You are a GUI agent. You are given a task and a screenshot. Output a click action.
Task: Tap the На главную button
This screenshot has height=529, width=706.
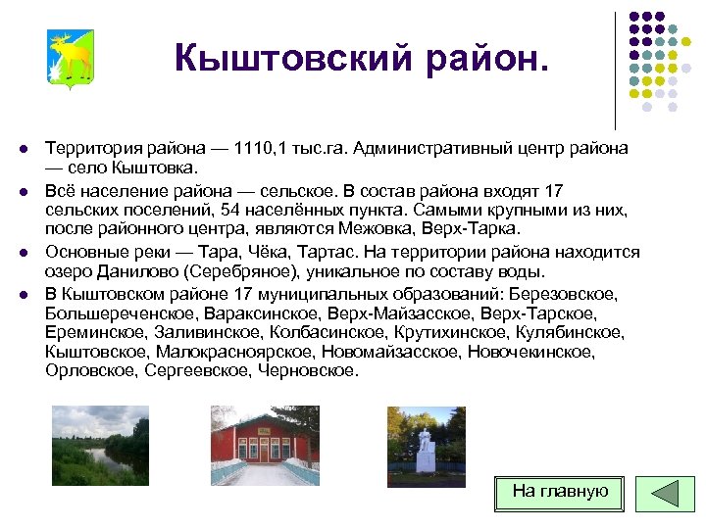(x=560, y=492)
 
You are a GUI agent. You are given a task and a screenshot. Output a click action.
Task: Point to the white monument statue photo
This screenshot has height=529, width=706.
(x=426, y=446)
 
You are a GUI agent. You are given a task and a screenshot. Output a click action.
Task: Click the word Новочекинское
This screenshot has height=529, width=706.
(x=531, y=351)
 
